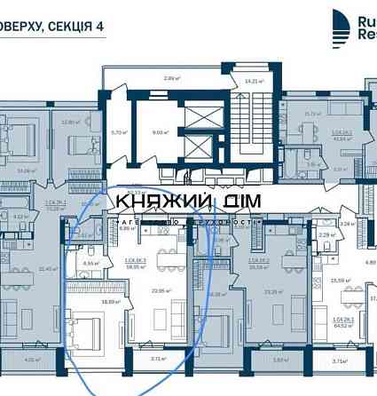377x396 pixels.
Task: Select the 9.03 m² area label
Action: [161, 133]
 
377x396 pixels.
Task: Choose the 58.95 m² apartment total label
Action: [135, 266]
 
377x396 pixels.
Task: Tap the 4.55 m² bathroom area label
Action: [89, 263]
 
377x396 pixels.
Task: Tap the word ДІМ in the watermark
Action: [233, 202]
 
